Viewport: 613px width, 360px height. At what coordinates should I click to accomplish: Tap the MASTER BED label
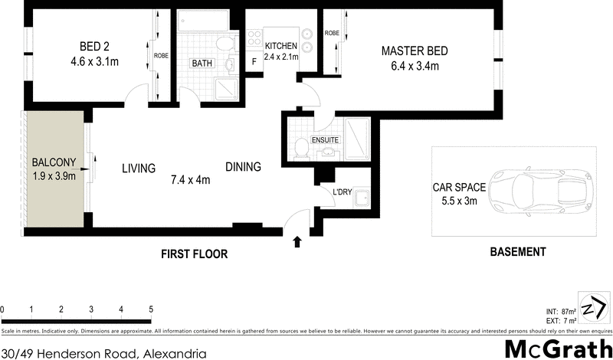tap(415, 51)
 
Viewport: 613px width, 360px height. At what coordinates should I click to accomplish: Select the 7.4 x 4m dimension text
tap(190, 180)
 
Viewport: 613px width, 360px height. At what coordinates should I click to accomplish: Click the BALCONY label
tap(52, 162)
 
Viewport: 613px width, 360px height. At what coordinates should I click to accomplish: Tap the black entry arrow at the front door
tap(297, 243)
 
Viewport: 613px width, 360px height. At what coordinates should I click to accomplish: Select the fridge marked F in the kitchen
tap(254, 64)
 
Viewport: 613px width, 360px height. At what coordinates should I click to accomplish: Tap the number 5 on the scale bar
tap(151, 309)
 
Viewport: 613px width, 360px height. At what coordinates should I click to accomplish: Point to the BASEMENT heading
tap(519, 251)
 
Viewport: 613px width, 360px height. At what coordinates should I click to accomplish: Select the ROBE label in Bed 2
tap(161, 55)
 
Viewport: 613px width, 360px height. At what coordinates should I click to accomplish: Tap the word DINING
tap(243, 167)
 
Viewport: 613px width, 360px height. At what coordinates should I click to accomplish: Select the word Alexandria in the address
tap(174, 353)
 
